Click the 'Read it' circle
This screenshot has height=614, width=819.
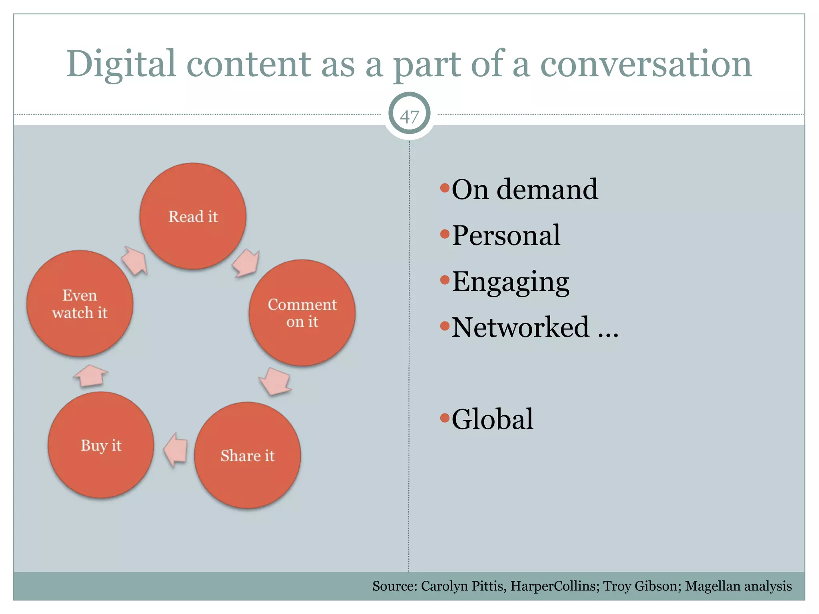pyautogui.click(x=193, y=216)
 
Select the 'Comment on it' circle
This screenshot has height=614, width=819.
pyautogui.click(x=302, y=313)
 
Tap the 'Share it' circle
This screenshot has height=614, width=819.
pyautogui.click(x=248, y=455)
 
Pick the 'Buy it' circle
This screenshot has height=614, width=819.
pyautogui.click(x=101, y=445)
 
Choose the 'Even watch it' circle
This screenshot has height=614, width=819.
pyautogui.click(x=80, y=303)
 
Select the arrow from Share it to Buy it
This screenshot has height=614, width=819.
pyautogui.click(x=176, y=450)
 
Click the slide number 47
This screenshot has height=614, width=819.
pyautogui.click(x=409, y=116)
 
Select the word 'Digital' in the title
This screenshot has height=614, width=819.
pyautogui.click(x=121, y=64)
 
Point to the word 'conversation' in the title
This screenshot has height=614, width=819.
pyautogui.click(x=646, y=64)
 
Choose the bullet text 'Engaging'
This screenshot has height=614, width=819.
pyautogui.click(x=510, y=282)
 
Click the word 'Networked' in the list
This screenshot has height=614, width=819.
pyautogui.click(x=520, y=327)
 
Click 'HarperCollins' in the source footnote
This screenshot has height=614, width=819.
pyautogui.click(x=553, y=586)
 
